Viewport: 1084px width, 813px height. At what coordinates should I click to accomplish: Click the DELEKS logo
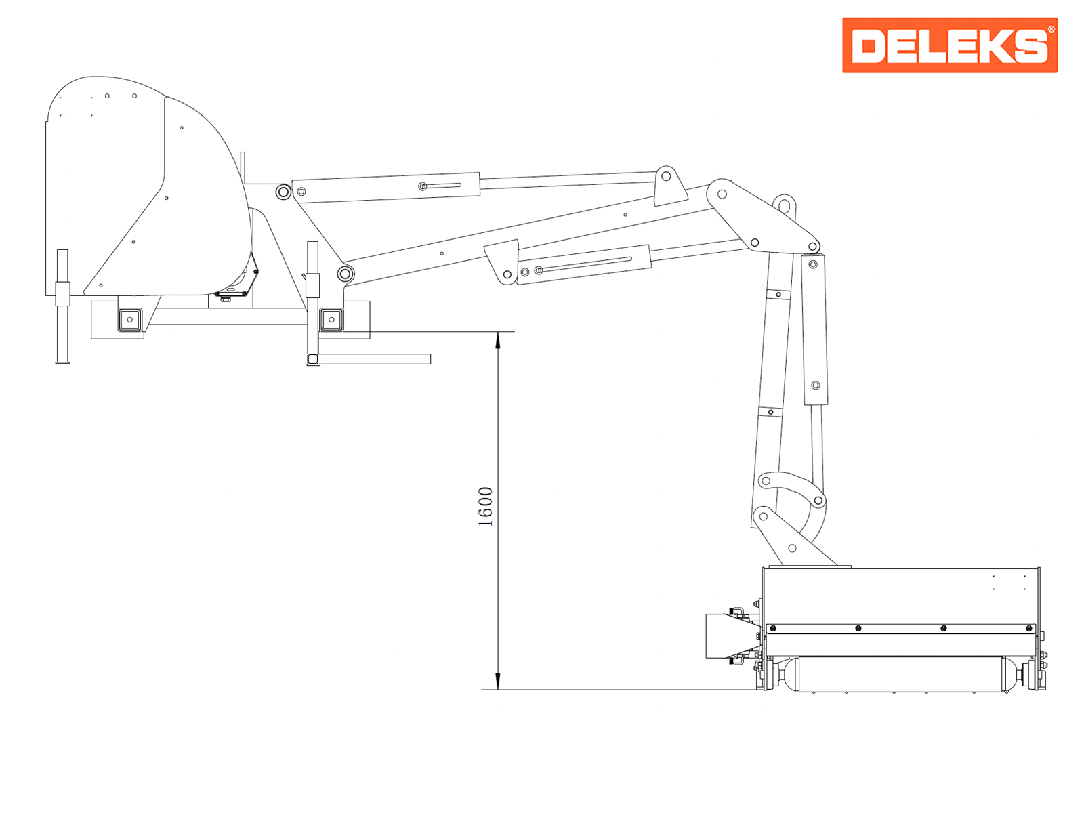click(x=950, y=45)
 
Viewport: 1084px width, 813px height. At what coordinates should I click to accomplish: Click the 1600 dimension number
click(x=486, y=507)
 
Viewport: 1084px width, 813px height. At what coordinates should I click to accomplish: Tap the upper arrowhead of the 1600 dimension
click(x=498, y=340)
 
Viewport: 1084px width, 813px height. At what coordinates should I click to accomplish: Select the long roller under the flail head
click(x=900, y=674)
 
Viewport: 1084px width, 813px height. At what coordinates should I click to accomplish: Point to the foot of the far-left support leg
click(x=62, y=362)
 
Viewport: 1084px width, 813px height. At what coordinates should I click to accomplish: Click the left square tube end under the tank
click(x=130, y=319)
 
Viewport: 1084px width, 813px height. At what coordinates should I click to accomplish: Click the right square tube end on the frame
click(x=331, y=319)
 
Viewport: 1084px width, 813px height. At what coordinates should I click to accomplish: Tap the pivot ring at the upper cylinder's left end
click(x=283, y=192)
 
